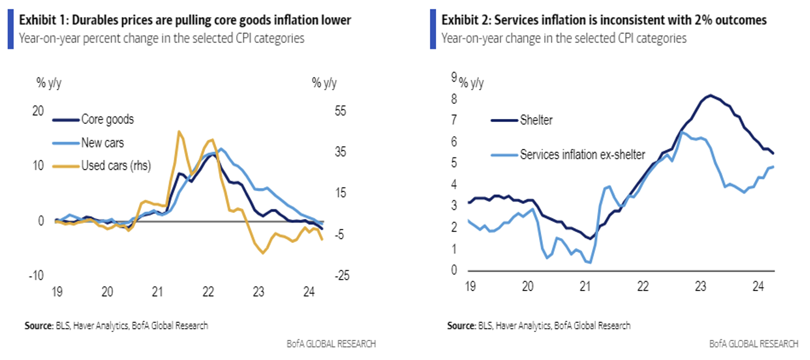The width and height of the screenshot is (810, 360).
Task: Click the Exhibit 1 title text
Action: click(185, 20)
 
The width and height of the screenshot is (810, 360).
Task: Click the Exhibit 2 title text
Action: click(604, 20)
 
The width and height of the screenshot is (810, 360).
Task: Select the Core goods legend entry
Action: click(107, 120)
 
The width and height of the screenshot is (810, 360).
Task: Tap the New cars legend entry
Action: click(102, 143)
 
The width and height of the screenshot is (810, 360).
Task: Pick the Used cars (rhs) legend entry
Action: click(116, 165)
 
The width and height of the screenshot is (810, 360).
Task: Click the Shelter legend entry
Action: click(536, 120)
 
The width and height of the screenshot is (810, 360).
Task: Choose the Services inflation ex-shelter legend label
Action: click(582, 154)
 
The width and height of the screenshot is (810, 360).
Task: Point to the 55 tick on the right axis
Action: click(323, 112)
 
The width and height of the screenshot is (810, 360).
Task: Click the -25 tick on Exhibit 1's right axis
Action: click(323, 276)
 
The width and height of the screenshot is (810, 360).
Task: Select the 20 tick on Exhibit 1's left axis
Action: click(38, 112)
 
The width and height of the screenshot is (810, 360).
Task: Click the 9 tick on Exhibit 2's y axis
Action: click(453, 77)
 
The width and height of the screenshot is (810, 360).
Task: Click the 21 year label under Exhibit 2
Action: click(586, 286)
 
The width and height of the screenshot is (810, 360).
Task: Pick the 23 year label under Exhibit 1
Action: click(259, 292)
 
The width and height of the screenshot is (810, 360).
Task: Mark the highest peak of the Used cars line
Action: click(179, 131)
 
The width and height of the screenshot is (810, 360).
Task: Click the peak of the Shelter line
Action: click(709, 95)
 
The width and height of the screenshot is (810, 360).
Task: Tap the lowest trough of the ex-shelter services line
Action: click(590, 262)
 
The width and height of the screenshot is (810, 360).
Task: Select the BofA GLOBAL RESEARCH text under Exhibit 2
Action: click(753, 344)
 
